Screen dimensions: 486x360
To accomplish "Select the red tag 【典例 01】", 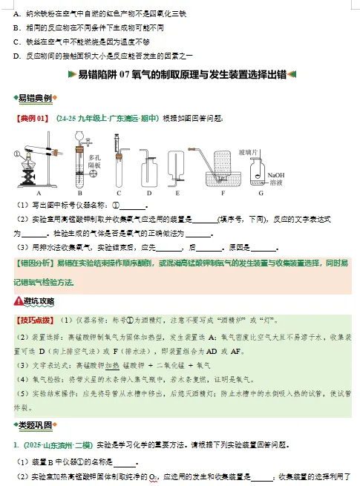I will [32, 118].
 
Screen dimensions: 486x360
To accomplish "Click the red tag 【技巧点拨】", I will [34, 321].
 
